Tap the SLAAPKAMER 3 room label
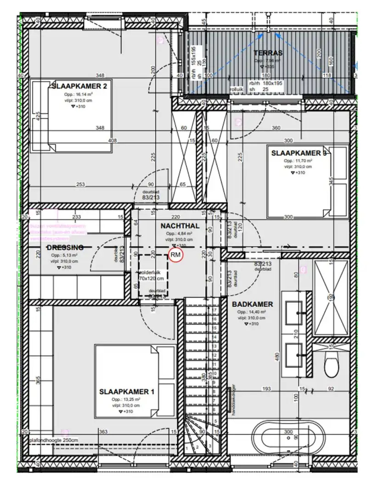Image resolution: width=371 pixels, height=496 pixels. point(298,153)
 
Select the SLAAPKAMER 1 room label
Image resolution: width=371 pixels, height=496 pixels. point(127,392)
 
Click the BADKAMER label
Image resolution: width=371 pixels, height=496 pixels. point(253,304)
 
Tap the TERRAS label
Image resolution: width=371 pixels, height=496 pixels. point(268,53)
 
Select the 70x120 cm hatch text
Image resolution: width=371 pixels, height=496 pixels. point(152,278)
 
